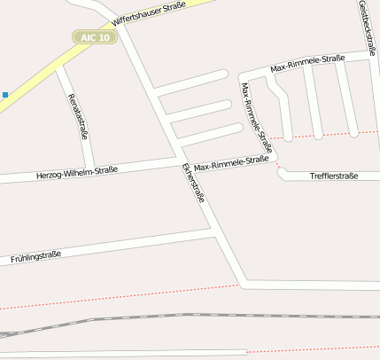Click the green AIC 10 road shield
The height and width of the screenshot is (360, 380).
93,37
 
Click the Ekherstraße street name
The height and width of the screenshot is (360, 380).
192,183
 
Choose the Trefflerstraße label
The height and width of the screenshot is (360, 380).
334,176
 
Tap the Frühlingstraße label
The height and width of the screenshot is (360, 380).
35,257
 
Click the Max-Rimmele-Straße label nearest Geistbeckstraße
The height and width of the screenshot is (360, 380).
307,63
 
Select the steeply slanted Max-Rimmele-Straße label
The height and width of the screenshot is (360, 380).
257,116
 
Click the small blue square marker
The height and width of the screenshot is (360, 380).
5,94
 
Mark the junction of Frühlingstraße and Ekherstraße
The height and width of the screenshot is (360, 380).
215,235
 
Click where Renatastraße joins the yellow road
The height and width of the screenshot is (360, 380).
59,67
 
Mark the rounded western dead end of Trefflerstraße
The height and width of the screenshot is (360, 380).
282,175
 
